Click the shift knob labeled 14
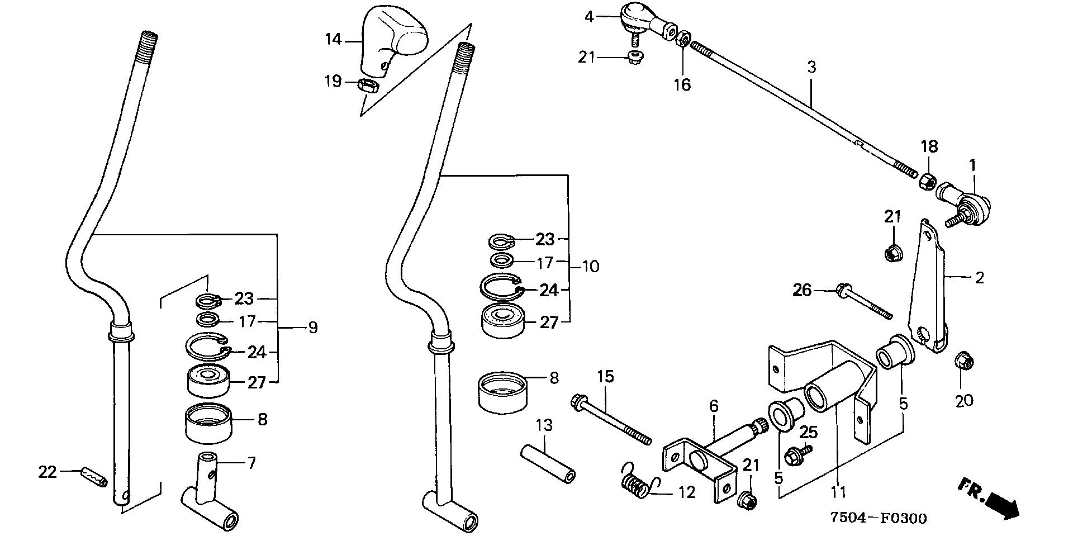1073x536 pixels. point(394,41)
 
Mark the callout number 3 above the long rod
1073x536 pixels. point(811,68)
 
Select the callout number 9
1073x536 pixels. point(312,328)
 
